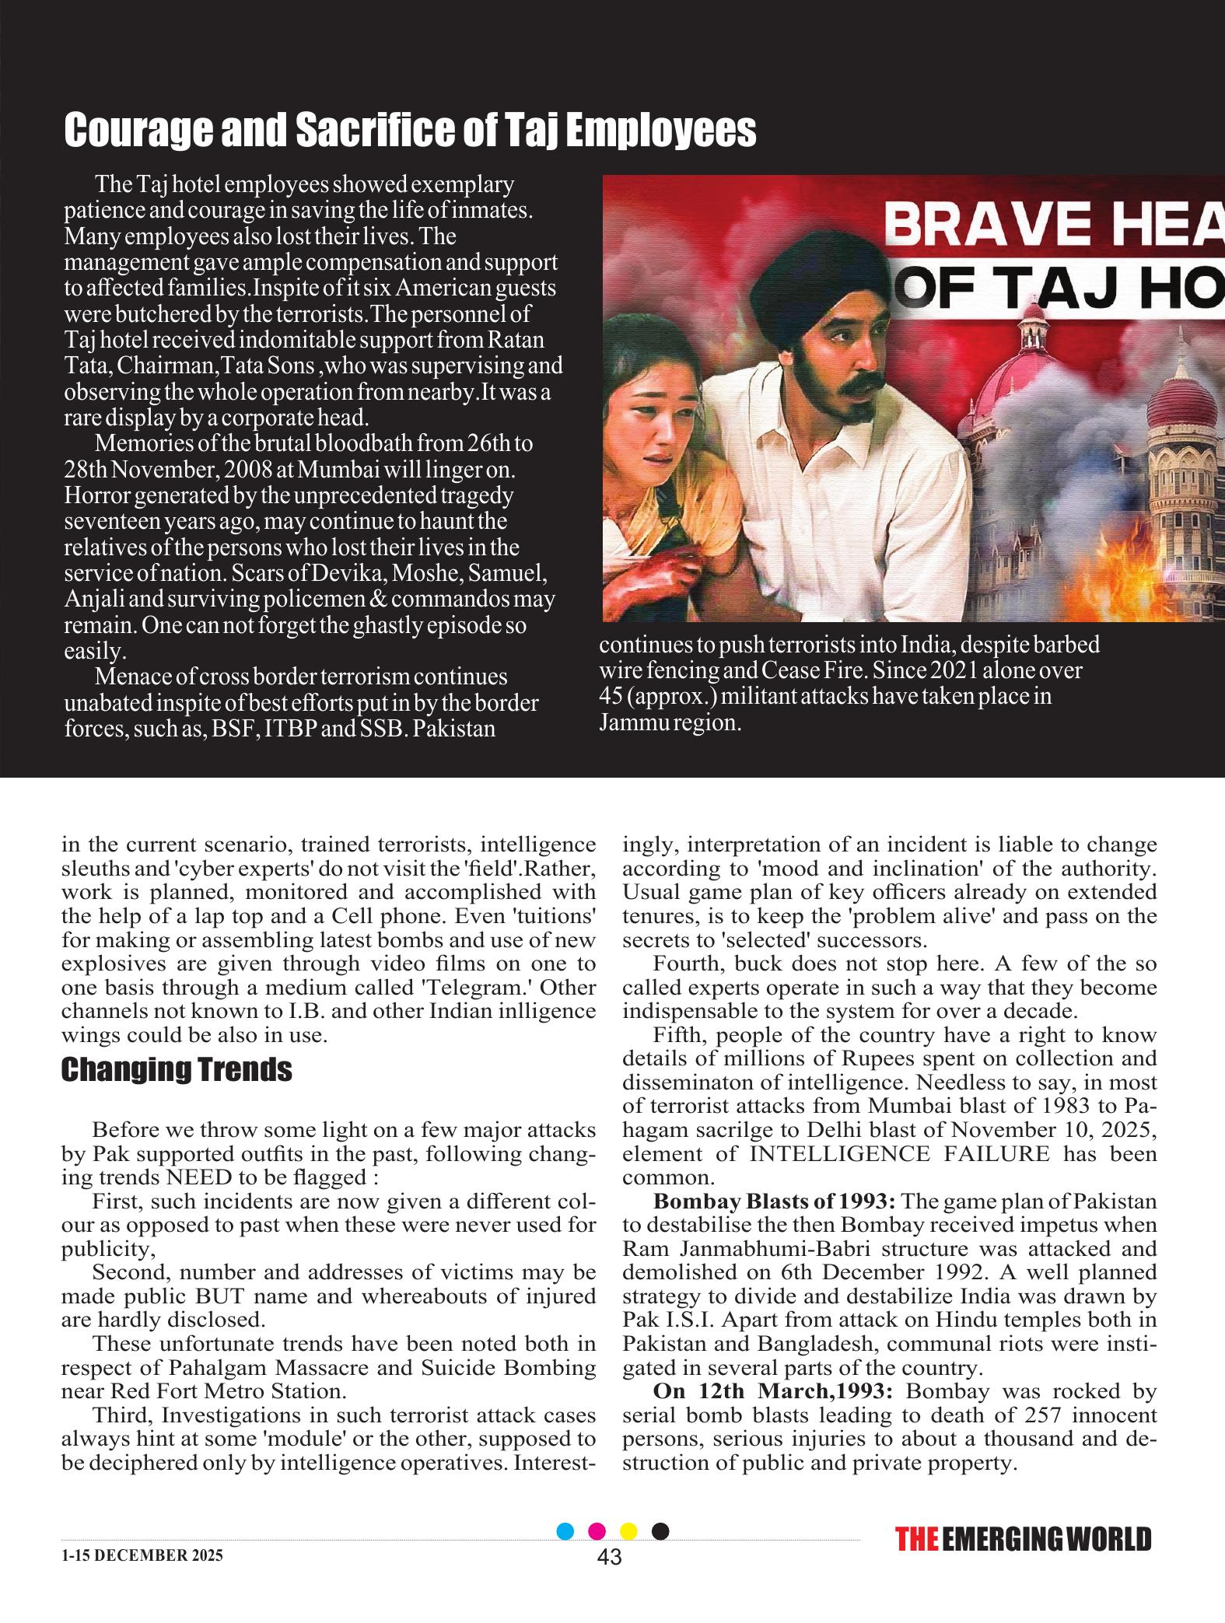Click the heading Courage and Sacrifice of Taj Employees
(x=409, y=131)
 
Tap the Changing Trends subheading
(x=177, y=1070)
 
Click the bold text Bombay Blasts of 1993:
(x=775, y=1202)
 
